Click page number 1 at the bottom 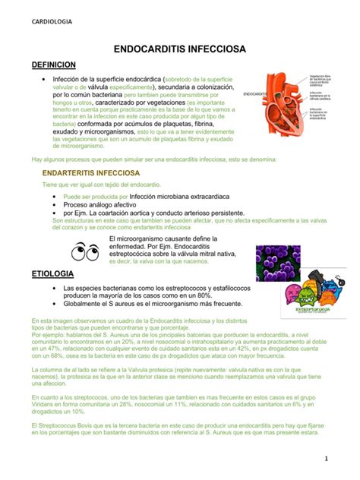[x=345, y=458]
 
